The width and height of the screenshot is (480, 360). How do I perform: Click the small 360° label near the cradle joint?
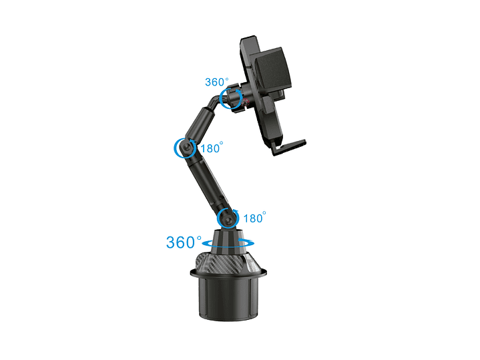click(x=217, y=81)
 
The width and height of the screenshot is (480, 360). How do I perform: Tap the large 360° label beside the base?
click(x=184, y=242)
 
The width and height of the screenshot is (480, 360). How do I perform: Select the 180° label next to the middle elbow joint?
click(x=212, y=148)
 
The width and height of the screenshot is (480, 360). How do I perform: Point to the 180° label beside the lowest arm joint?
click(x=255, y=218)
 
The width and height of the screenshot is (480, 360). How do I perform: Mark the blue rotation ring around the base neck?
click(x=228, y=244)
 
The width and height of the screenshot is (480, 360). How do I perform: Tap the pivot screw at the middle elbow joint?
click(x=186, y=148)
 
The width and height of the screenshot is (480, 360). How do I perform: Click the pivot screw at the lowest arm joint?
click(x=228, y=220)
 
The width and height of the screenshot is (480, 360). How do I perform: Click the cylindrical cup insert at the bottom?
click(x=228, y=299)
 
